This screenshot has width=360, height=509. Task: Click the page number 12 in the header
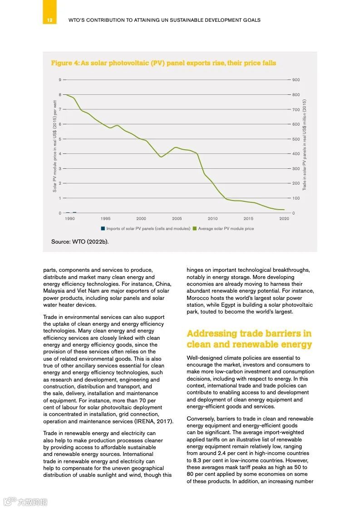click(49, 20)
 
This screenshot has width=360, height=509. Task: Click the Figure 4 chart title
click(163, 63)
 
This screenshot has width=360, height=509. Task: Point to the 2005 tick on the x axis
click(177, 218)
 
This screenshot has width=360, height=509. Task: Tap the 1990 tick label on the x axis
click(70, 218)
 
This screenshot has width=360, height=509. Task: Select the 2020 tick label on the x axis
click(284, 218)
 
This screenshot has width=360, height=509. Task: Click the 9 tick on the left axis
click(59, 80)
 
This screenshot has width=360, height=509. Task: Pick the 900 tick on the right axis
click(296, 80)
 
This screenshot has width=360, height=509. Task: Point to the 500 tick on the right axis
click(296, 139)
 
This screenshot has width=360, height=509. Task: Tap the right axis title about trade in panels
click(305, 145)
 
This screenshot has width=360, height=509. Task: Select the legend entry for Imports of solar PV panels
click(145, 229)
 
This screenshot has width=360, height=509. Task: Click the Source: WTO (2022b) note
click(80, 242)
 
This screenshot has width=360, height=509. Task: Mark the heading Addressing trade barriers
click(249, 339)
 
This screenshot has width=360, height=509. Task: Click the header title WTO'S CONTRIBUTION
click(164, 20)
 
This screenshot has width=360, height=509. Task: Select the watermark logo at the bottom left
click(25, 502)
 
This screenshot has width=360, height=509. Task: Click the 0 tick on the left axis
click(59, 213)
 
